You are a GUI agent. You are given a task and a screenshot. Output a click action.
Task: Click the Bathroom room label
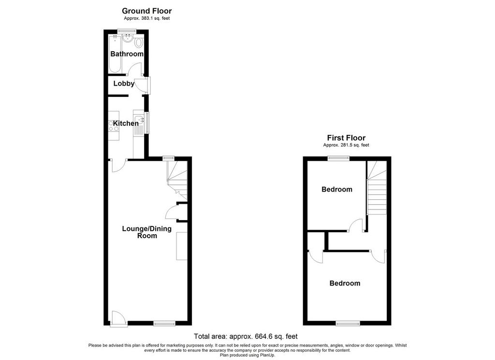[127, 54]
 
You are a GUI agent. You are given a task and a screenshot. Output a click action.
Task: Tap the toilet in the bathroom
[139, 42]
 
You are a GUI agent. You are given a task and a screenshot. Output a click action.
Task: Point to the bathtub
[115, 54]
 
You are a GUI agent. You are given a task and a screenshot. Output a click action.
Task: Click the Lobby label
[124, 83]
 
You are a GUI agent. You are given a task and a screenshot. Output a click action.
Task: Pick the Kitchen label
[126, 123]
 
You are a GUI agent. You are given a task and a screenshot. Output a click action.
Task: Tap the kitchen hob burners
[114, 125]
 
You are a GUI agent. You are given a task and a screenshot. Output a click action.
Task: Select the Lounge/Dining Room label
[147, 232]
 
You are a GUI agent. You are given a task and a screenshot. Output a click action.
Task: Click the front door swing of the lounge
[119, 317]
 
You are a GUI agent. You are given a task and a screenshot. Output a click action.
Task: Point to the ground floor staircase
[177, 180]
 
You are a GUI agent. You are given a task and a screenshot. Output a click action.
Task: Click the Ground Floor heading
[147, 11]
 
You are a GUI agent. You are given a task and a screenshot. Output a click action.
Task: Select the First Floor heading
[346, 138]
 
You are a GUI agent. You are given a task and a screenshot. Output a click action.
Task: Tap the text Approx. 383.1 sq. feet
[147, 18]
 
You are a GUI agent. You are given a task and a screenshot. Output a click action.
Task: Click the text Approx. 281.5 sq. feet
[346, 145]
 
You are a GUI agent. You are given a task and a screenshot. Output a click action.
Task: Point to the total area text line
[246, 336]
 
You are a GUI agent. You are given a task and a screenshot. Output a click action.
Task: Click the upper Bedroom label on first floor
[337, 189]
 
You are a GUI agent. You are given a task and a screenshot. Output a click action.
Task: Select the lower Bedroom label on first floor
[345, 283]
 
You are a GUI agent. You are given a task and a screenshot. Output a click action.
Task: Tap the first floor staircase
[377, 188]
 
